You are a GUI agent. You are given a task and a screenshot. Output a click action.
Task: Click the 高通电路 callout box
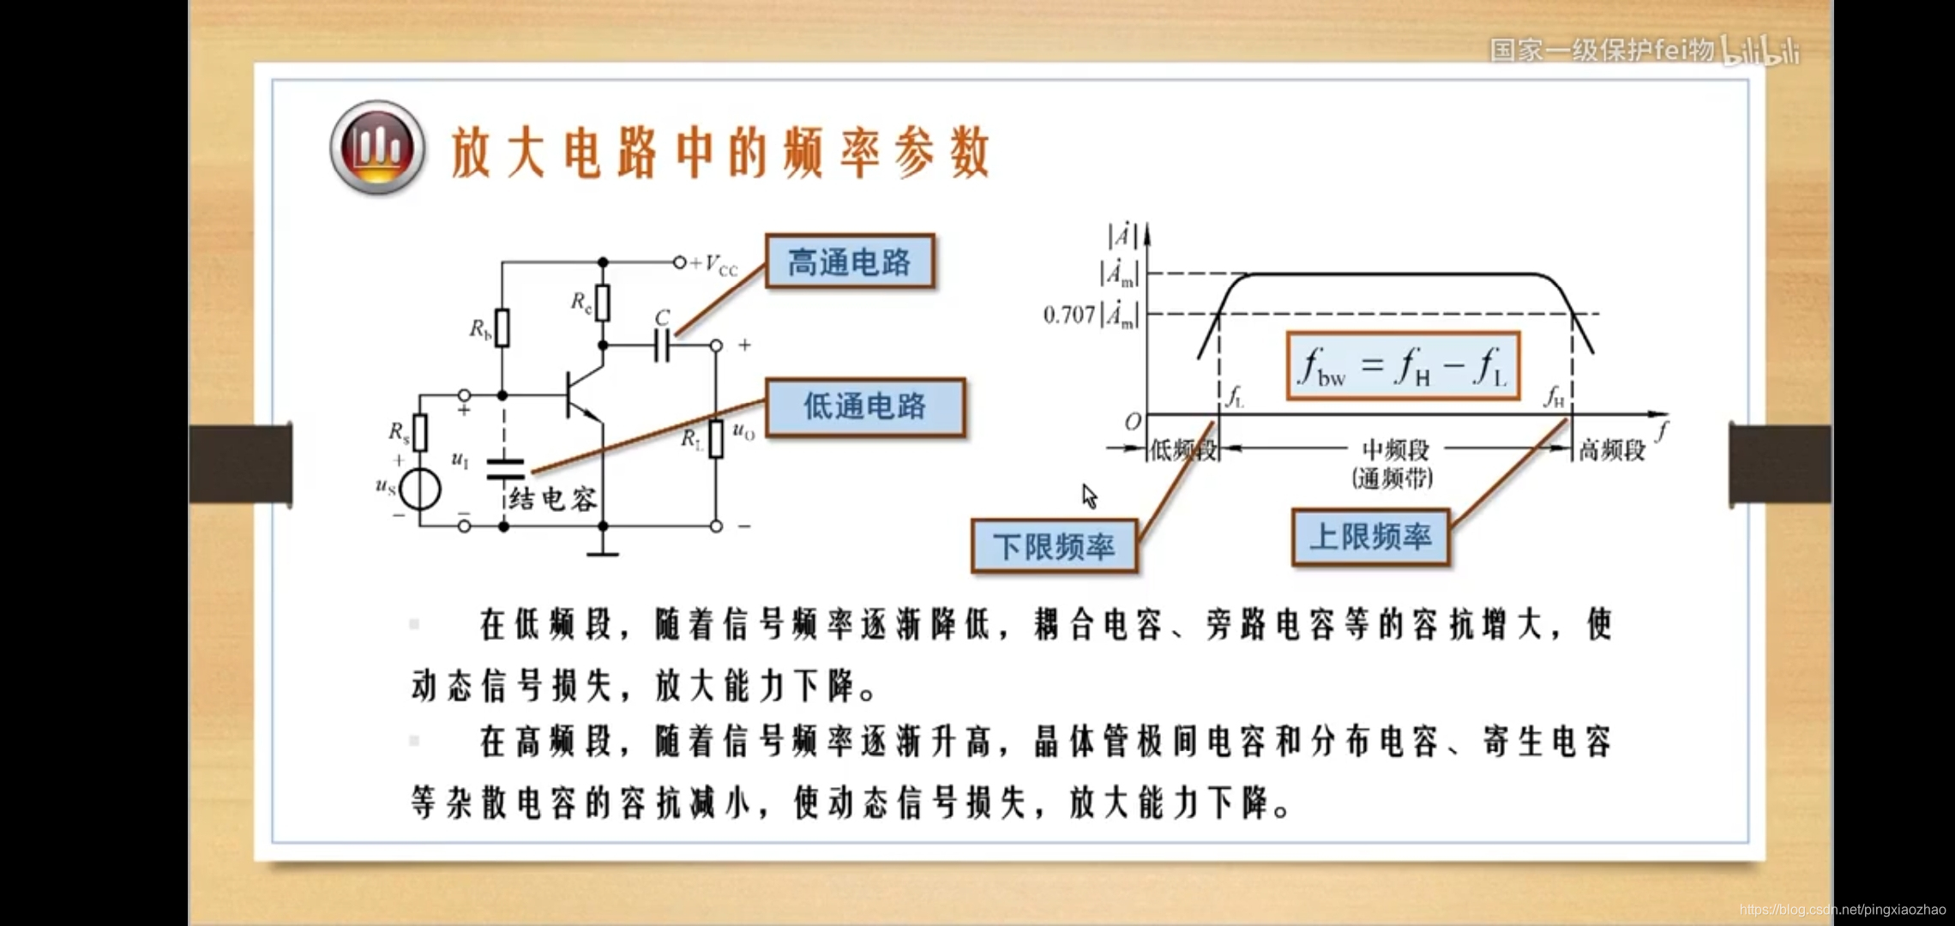(x=849, y=262)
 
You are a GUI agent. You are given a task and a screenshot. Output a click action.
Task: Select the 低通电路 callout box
(x=864, y=406)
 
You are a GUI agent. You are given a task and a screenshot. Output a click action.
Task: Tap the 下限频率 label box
(x=1054, y=546)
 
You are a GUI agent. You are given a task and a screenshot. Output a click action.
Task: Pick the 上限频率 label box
(x=1370, y=538)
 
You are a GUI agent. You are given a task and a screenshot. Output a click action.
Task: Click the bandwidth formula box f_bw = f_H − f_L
(x=1403, y=366)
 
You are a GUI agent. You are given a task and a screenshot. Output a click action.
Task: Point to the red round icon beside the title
(x=377, y=147)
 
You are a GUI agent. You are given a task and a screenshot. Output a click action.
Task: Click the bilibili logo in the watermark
(x=1761, y=51)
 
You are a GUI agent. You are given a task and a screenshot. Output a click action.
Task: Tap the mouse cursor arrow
(x=1089, y=496)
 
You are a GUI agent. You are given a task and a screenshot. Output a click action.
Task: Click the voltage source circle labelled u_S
(x=420, y=490)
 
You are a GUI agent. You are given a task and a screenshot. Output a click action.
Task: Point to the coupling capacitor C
(x=661, y=346)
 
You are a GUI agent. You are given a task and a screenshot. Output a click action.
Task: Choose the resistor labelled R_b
(x=502, y=328)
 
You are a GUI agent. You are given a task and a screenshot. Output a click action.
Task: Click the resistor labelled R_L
(x=716, y=438)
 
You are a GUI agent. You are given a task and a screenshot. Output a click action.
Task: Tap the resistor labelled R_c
(x=603, y=303)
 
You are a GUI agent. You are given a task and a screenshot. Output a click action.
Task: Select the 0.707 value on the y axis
(x=1068, y=316)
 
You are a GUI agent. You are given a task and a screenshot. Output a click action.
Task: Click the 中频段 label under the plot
(x=1395, y=449)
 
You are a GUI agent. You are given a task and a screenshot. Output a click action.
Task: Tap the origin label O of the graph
(x=1133, y=422)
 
